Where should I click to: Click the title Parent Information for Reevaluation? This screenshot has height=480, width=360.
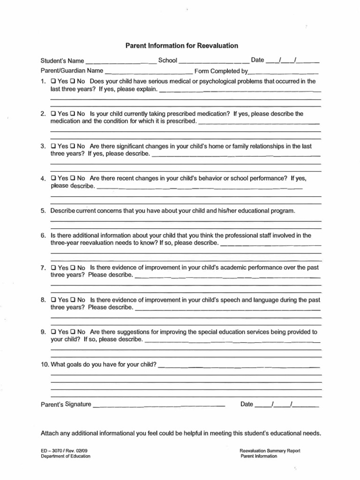pyautogui.click(x=182, y=45)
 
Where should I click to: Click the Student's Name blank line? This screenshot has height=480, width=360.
pyautogui.click(x=121, y=61)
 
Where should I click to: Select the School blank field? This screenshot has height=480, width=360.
pyautogui.click(x=214, y=61)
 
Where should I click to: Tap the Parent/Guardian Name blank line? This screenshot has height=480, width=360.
pyautogui.click(x=149, y=73)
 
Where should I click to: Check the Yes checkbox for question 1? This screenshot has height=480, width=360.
pyautogui.click(x=53, y=81)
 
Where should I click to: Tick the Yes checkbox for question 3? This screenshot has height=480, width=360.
pyautogui.click(x=53, y=146)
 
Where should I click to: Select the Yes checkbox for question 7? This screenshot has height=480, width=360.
pyautogui.click(x=53, y=268)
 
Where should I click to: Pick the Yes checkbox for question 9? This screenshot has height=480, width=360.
pyautogui.click(x=53, y=332)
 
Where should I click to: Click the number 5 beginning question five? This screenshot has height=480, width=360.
pyautogui.click(x=43, y=211)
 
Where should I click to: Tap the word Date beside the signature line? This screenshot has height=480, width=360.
pyautogui.click(x=247, y=404)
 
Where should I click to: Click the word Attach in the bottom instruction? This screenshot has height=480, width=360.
pyautogui.click(x=50, y=433)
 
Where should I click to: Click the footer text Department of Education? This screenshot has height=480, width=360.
pyautogui.click(x=66, y=457)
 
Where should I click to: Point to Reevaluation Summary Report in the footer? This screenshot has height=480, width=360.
pyautogui.click(x=270, y=451)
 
